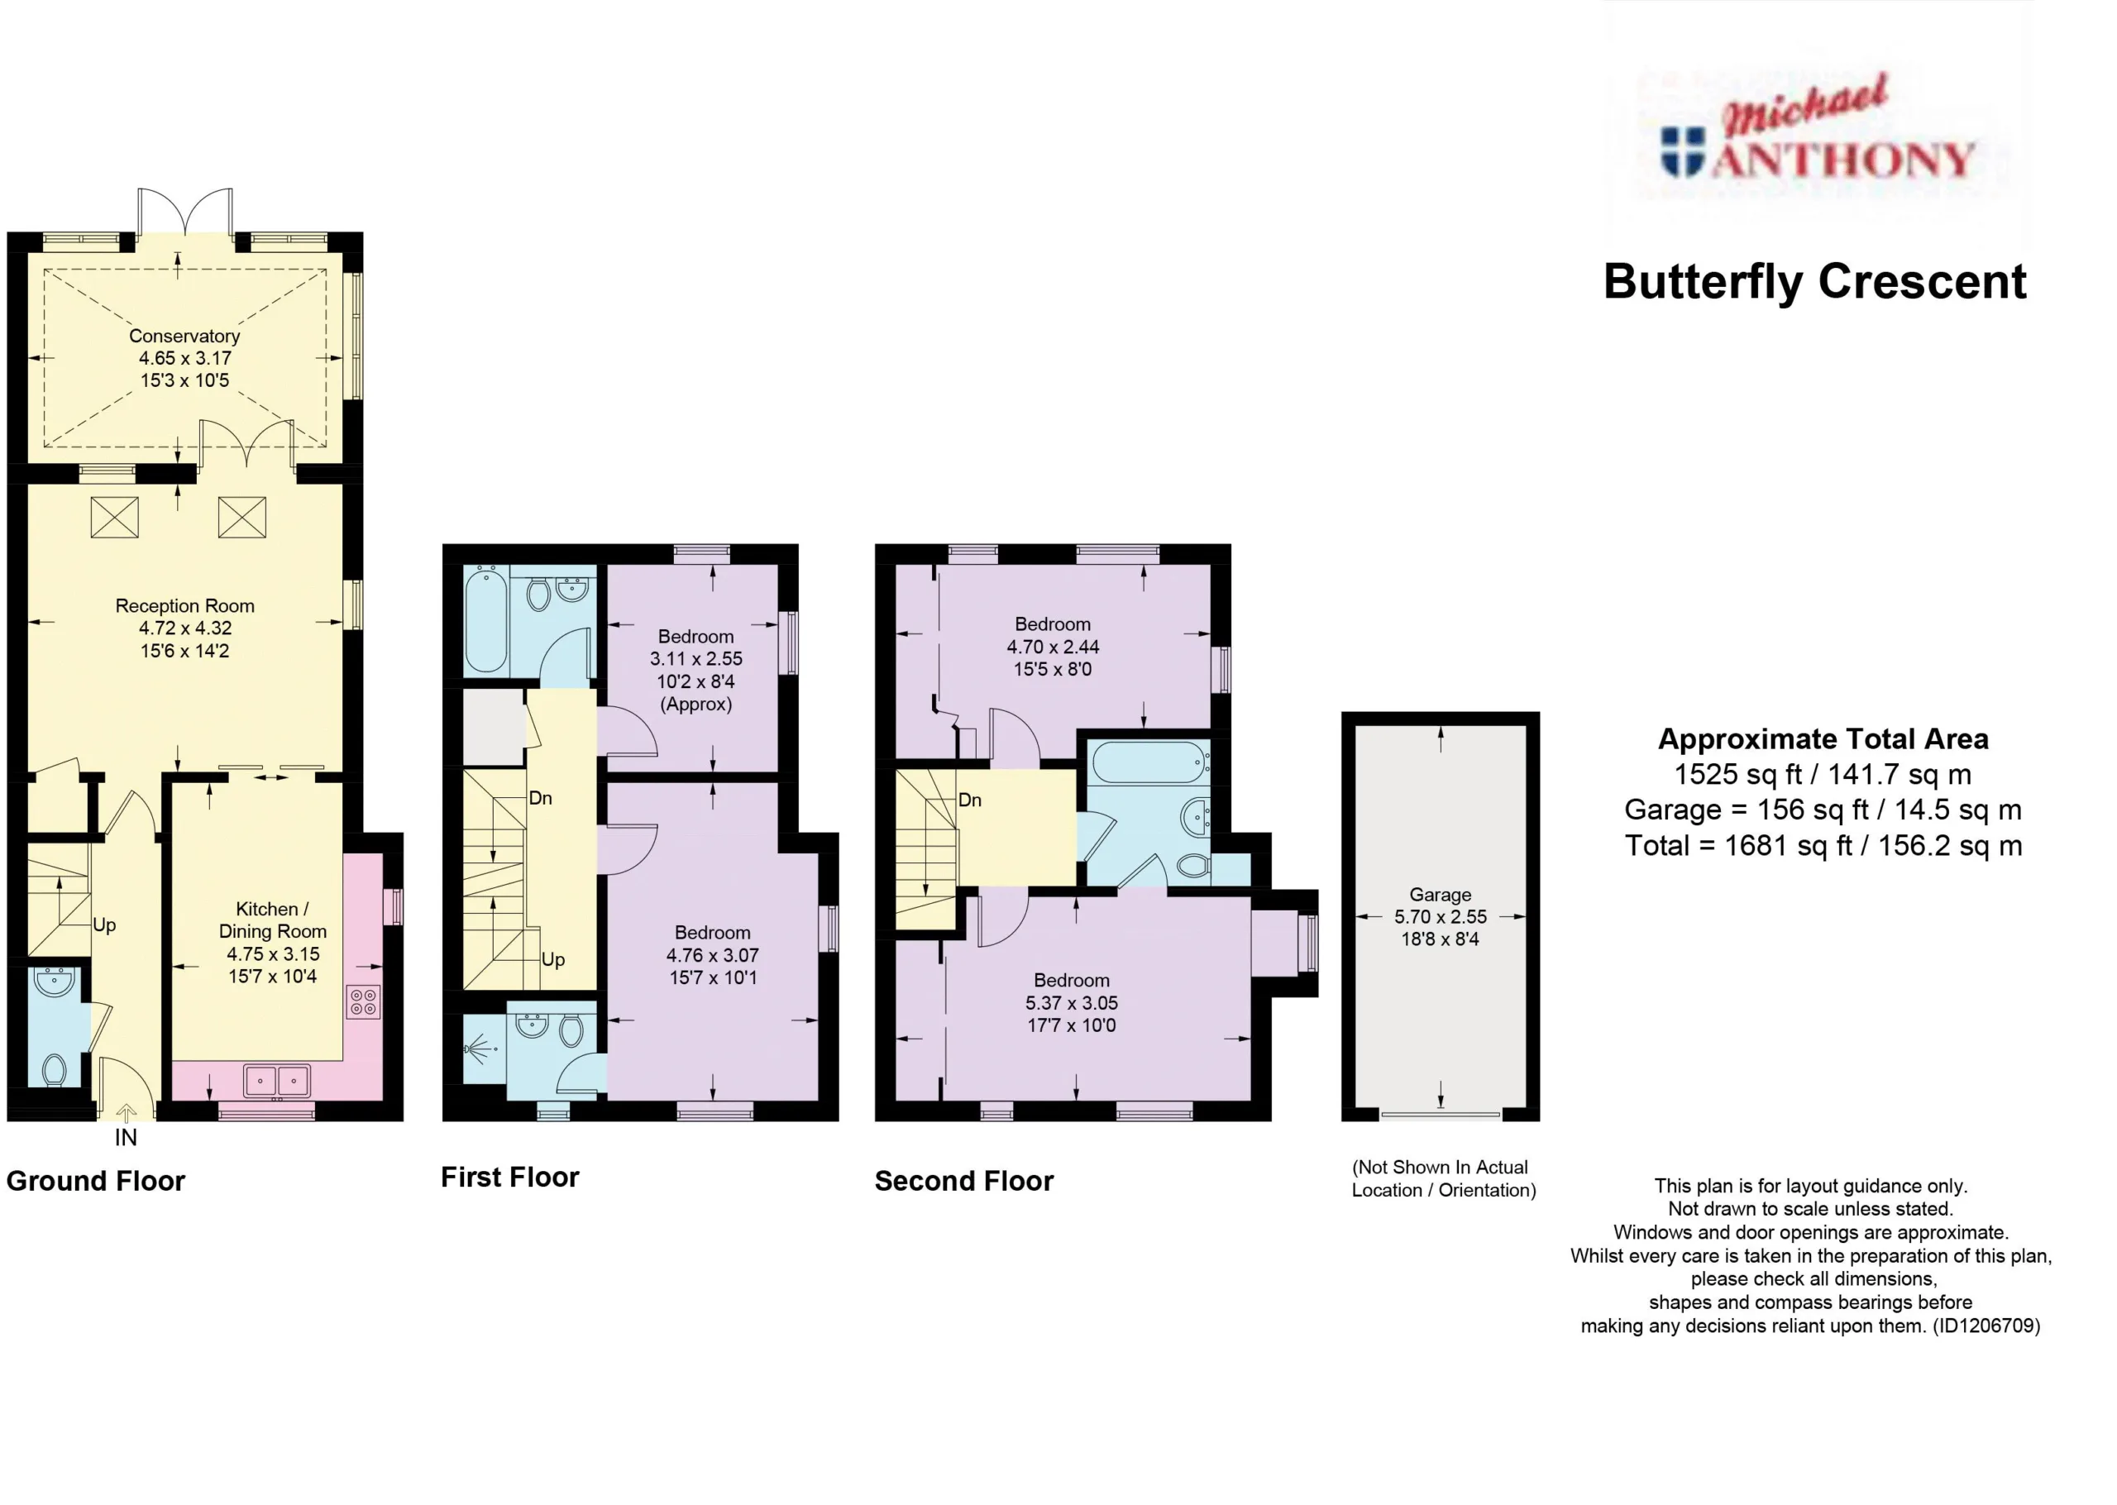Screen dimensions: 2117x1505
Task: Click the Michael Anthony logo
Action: coord(1817,129)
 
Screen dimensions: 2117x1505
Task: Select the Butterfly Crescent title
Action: coord(1815,282)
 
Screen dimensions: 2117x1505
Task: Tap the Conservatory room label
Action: coord(184,336)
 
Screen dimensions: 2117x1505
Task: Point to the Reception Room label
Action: coord(184,605)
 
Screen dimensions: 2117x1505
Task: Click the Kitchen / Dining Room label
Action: coord(272,920)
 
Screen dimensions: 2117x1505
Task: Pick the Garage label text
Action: coord(1440,894)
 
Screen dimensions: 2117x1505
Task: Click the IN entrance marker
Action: coord(126,1137)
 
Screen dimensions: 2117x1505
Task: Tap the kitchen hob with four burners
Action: coord(363,1001)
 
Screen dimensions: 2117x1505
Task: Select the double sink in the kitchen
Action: coord(277,1081)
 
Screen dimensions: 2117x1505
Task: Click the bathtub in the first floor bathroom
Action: coord(485,619)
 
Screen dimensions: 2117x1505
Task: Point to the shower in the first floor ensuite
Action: coord(485,1049)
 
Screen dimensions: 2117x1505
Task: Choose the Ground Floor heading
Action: coord(95,1181)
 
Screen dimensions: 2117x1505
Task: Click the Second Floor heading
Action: coord(963,1181)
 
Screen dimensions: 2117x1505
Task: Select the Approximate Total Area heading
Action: coord(1823,738)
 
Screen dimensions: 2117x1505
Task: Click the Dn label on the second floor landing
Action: coord(970,800)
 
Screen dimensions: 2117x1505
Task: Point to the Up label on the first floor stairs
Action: coord(553,960)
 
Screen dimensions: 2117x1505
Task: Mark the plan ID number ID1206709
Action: coord(1986,1326)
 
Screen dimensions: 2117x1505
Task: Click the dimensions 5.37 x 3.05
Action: coord(1071,1003)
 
